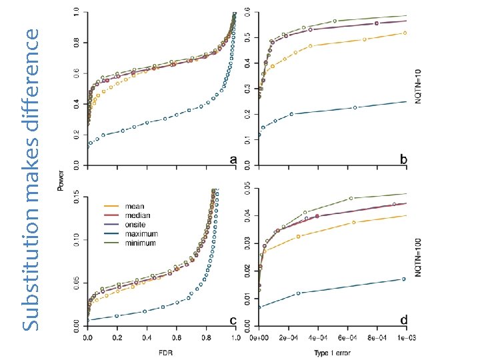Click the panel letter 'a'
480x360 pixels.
pos(233,160)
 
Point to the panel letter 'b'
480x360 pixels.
pos(404,160)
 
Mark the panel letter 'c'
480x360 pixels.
pos(233,321)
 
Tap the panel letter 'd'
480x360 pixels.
pos(404,321)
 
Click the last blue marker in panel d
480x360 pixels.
pos(403,279)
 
